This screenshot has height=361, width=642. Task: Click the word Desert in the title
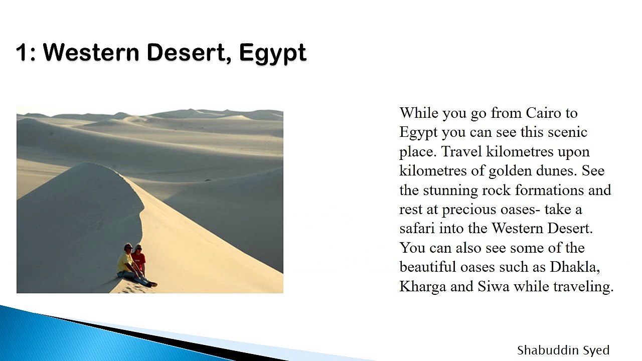pyautogui.click(x=186, y=52)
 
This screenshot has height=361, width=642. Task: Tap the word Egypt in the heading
pyautogui.click(x=273, y=53)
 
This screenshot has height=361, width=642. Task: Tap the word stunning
pyautogui.click(x=450, y=190)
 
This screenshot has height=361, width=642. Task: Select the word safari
pyautogui.click(x=417, y=228)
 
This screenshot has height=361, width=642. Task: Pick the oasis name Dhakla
pyautogui.click(x=575, y=267)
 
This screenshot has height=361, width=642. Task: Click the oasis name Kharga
pyautogui.click(x=423, y=286)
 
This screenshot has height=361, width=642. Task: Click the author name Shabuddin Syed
pyautogui.click(x=563, y=350)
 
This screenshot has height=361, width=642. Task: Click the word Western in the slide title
pyautogui.click(x=91, y=52)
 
